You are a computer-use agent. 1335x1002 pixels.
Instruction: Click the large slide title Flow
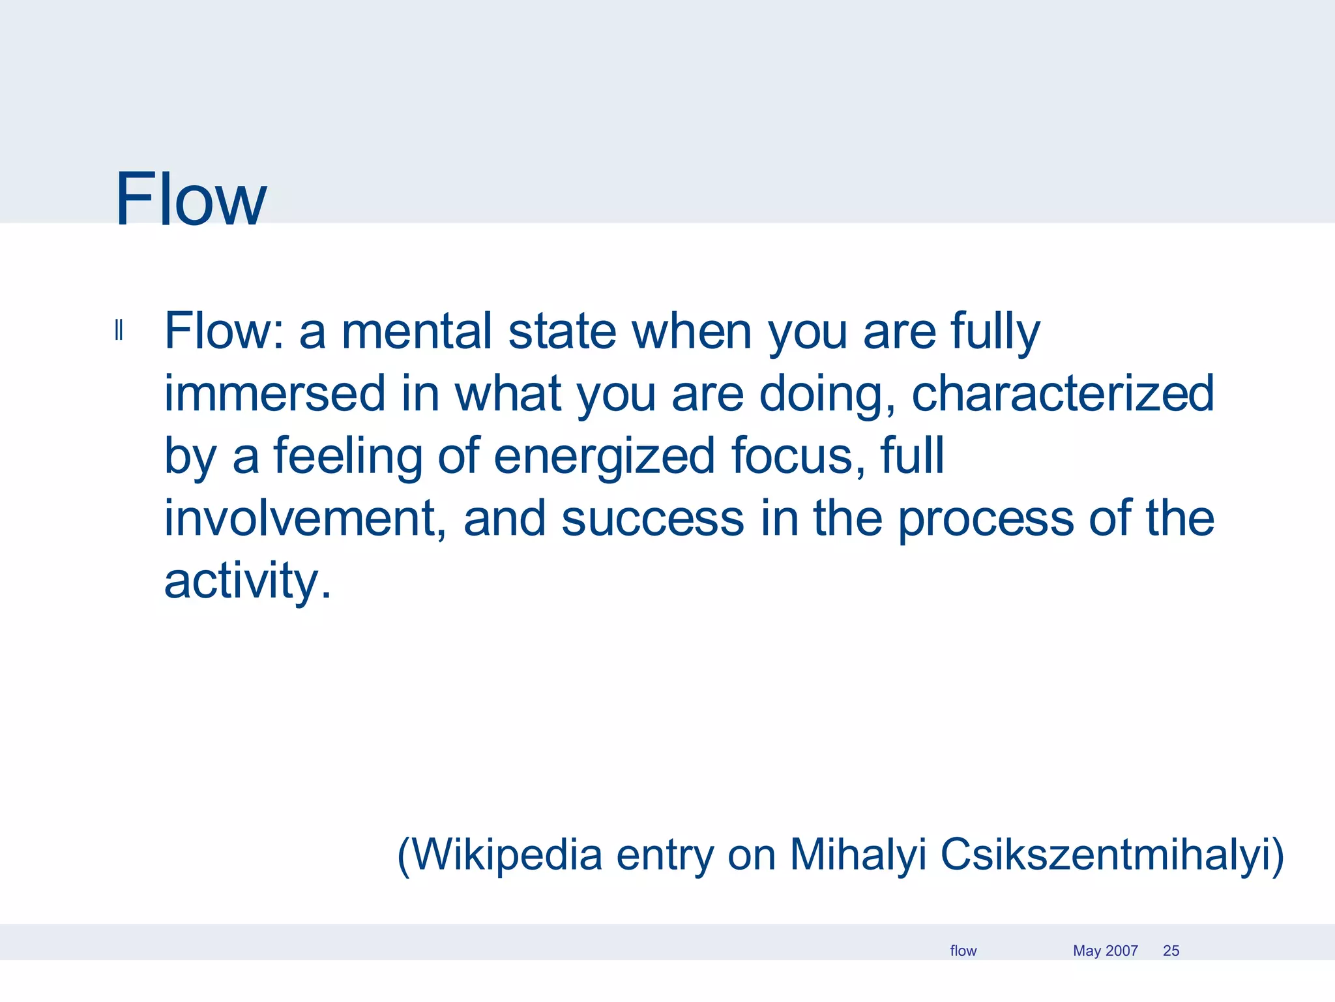(x=190, y=199)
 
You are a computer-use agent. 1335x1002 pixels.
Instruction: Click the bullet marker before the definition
(x=119, y=331)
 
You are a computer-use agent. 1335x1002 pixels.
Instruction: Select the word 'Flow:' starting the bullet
(x=224, y=331)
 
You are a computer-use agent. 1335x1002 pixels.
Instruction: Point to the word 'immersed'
(x=274, y=393)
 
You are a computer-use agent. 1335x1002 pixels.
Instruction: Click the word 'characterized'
(x=1063, y=393)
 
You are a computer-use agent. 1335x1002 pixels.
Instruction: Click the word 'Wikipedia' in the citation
(x=507, y=854)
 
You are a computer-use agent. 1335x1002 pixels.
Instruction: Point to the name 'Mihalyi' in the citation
(x=858, y=854)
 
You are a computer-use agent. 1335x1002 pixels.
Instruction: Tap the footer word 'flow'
(x=963, y=950)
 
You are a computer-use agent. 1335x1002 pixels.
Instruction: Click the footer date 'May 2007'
(x=1105, y=950)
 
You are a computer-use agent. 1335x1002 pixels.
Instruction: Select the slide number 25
(x=1171, y=950)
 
